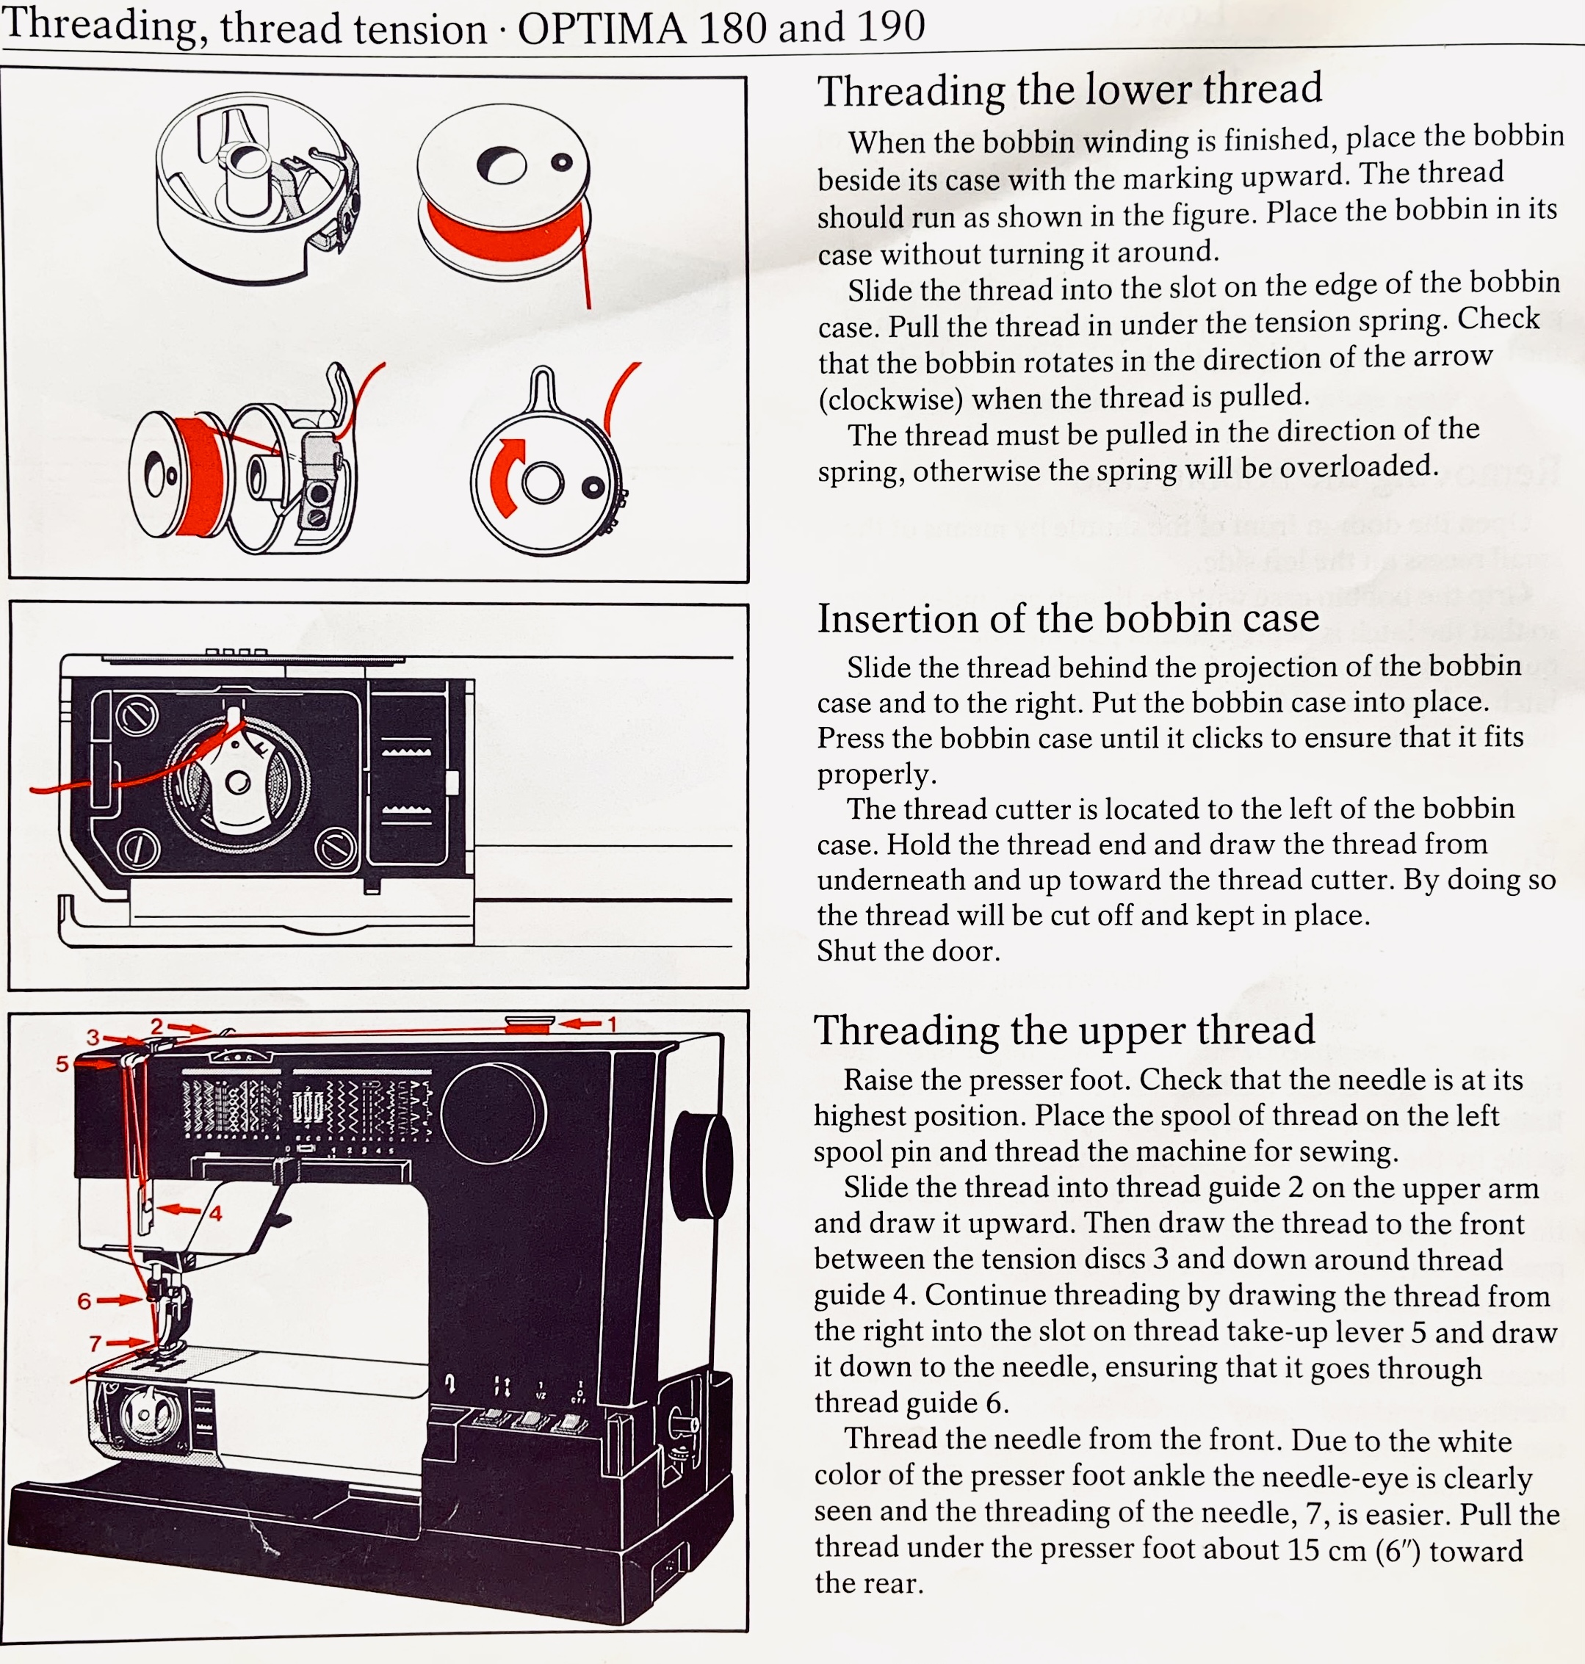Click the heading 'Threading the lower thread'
pos(1069,90)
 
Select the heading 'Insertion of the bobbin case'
pos(1067,618)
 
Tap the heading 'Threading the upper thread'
pos(1064,1030)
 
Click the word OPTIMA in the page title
pos(601,29)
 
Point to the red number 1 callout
pos(613,1024)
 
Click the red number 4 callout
pos(215,1214)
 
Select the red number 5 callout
pos(62,1063)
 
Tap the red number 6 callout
pos(84,1301)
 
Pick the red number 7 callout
pos(95,1343)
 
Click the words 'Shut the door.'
pos(909,951)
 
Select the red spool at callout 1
pos(530,1024)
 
